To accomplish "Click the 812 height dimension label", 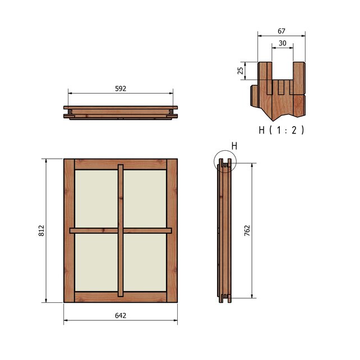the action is (41, 230).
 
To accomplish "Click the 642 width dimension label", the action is (121, 316).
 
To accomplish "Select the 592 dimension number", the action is (121, 89).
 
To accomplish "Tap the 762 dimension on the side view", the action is (247, 230).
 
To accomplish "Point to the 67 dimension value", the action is (281, 31).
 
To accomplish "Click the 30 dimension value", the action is (283, 43).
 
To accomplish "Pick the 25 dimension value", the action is (240, 71).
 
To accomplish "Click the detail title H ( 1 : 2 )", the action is (281, 130).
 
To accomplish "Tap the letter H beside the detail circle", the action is (234, 146).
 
